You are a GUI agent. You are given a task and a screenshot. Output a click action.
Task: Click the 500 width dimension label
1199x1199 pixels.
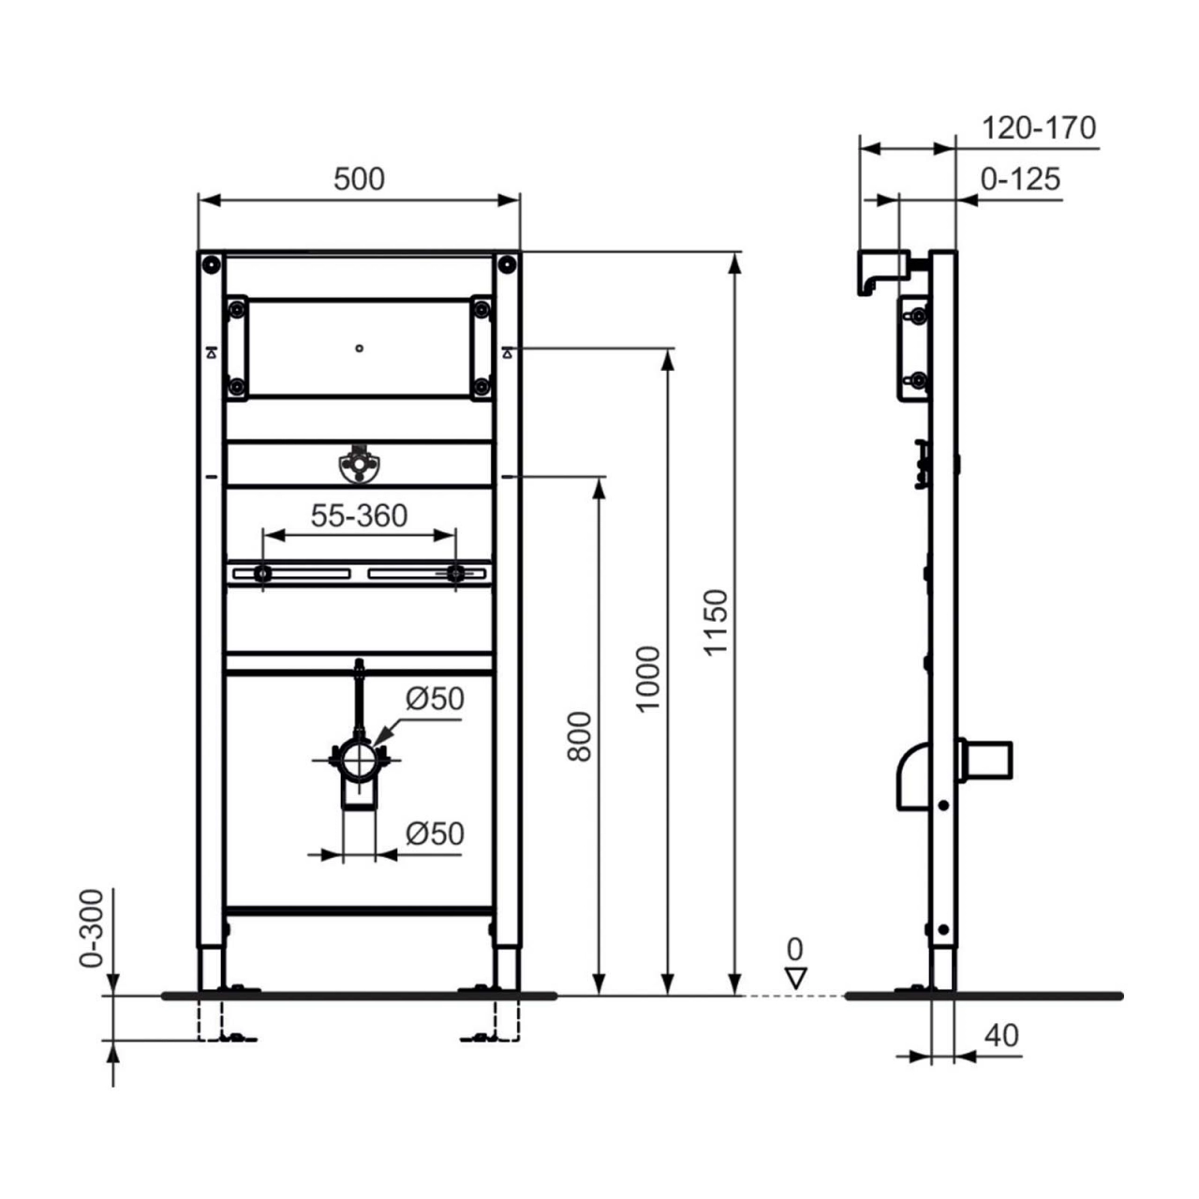coord(359,179)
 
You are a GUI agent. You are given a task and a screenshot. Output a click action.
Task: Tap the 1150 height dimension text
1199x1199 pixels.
coord(717,621)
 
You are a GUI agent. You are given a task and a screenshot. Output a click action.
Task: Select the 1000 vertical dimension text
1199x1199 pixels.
coord(648,679)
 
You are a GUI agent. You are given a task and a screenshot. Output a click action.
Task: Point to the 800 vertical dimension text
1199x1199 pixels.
coord(580,736)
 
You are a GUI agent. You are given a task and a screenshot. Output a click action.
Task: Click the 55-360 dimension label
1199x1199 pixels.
coord(359,516)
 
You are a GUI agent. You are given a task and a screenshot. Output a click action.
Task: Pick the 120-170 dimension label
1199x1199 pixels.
coord(1039,128)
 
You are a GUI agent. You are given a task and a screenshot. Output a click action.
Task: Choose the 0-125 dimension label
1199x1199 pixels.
coord(1021,179)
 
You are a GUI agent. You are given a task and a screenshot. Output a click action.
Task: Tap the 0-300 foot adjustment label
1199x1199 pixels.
coord(92,928)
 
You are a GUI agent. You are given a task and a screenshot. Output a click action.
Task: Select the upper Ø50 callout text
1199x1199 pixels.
coord(435,700)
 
